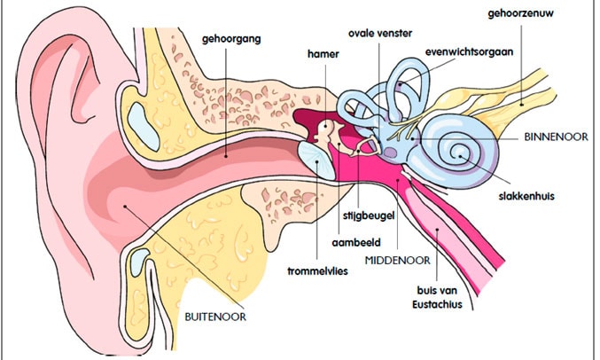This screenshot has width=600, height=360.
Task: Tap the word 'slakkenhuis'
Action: click(526, 196)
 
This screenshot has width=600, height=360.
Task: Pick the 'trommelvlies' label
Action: click(316, 271)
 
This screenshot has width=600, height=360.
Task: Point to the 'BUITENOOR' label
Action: click(214, 315)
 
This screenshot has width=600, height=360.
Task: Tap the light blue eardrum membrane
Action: click(316, 160)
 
